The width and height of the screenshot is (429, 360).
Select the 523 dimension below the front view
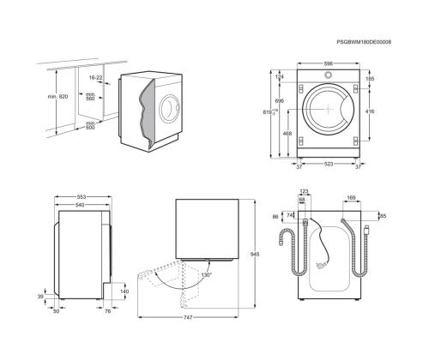[328, 163]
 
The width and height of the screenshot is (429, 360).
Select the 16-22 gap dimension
[94, 77]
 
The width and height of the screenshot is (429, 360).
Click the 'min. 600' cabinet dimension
[90, 125]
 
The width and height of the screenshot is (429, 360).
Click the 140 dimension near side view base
[124, 291]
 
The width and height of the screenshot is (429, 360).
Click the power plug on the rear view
[366, 229]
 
